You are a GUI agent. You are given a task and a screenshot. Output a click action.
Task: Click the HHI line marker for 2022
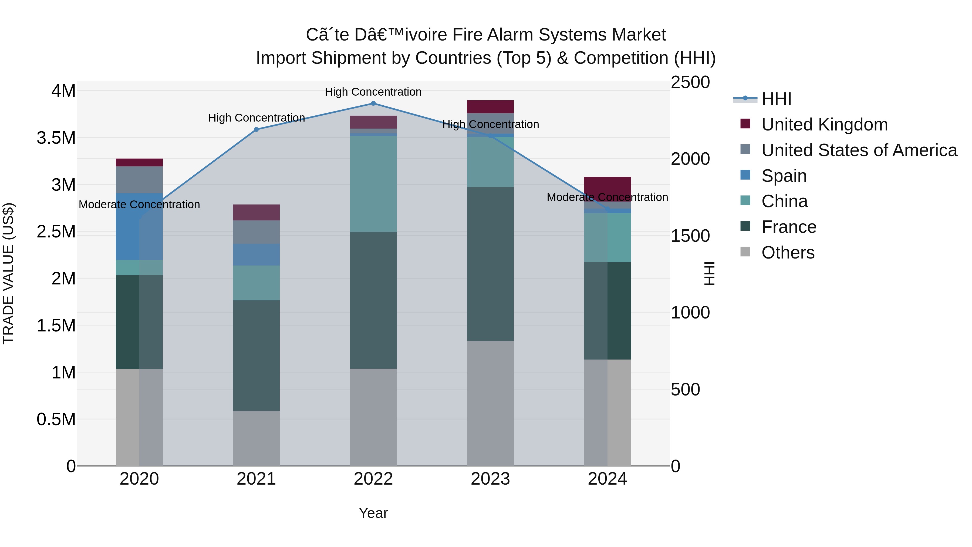[x=373, y=103]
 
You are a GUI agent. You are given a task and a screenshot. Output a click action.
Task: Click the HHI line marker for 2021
[x=256, y=129]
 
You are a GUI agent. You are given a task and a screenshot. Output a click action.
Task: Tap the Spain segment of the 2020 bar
[x=139, y=227]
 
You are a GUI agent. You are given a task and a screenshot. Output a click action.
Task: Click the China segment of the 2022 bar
[x=373, y=184]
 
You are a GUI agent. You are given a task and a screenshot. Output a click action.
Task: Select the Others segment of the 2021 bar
[x=256, y=438]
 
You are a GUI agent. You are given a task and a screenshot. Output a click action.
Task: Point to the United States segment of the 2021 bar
[x=256, y=232]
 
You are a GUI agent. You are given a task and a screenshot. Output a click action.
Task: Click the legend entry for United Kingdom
[x=825, y=125]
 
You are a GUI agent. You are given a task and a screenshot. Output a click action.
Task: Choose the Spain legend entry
[x=784, y=176]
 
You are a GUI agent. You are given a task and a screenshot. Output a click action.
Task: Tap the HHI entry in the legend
[x=776, y=99]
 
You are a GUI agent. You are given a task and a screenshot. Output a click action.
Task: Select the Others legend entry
[x=788, y=253]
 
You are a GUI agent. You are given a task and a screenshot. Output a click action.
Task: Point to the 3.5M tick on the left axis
[x=56, y=138]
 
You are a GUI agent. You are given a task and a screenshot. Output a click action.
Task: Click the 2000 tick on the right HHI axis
[x=690, y=159]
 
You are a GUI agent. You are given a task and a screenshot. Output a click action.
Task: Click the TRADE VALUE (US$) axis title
[x=9, y=273]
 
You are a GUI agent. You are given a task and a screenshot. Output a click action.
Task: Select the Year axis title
[x=373, y=513]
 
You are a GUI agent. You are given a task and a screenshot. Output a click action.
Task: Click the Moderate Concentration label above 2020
[x=139, y=204]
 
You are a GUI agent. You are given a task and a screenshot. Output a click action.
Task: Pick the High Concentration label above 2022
[x=373, y=92]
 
